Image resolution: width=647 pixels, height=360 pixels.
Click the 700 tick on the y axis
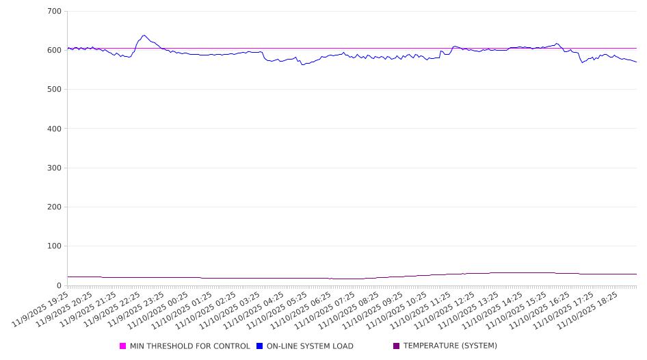point(54,12)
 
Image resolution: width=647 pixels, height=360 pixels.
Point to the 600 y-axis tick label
point(54,51)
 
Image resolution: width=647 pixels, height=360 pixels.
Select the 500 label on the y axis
point(54,90)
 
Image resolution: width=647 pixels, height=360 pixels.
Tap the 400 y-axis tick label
point(54,129)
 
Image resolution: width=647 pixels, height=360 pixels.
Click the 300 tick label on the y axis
point(54,168)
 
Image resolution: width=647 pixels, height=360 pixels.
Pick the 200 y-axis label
point(54,207)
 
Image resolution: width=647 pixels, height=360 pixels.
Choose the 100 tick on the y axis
point(54,246)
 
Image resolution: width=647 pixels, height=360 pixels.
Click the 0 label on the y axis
point(59,285)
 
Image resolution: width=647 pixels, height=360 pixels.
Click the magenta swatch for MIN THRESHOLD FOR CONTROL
point(123,346)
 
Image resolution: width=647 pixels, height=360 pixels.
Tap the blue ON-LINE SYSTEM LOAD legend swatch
point(260,346)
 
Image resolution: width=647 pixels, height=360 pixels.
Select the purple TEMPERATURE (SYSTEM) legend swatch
point(397,346)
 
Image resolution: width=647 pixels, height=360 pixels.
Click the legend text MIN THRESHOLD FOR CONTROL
point(190,346)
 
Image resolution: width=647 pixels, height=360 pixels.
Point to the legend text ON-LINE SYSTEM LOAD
point(310,346)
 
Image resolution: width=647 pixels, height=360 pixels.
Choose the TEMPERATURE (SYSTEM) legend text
point(450,346)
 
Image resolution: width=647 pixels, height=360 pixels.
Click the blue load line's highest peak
point(144,36)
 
